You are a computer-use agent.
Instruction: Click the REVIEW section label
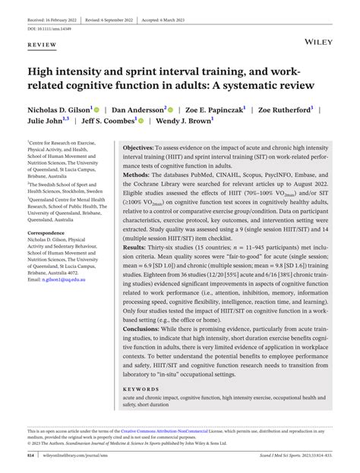pyautogui.click(x=43, y=46)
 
